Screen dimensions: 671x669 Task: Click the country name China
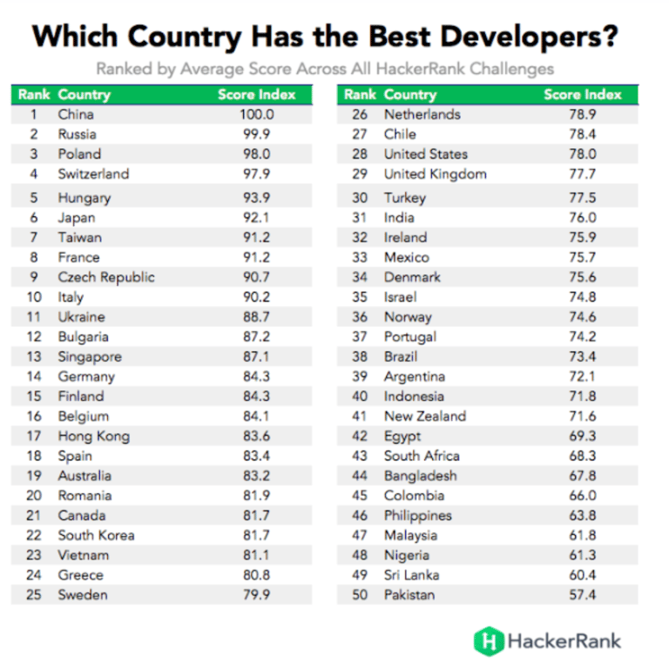(x=76, y=114)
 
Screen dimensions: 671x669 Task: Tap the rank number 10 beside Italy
(x=34, y=297)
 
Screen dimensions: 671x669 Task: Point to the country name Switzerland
(x=93, y=173)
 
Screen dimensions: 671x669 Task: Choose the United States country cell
(x=425, y=154)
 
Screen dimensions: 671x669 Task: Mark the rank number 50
(x=361, y=594)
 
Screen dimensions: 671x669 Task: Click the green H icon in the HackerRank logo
(x=489, y=641)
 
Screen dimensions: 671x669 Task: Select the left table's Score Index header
(x=257, y=94)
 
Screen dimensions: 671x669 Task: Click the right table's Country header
(x=409, y=94)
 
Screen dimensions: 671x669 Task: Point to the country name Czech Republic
(x=106, y=277)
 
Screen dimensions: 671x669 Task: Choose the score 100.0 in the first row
(x=257, y=114)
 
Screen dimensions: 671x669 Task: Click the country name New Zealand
(x=425, y=416)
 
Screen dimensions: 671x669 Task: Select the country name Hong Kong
(x=94, y=436)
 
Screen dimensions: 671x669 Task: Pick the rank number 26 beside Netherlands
(x=361, y=114)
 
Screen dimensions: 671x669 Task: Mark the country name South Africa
(x=422, y=456)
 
